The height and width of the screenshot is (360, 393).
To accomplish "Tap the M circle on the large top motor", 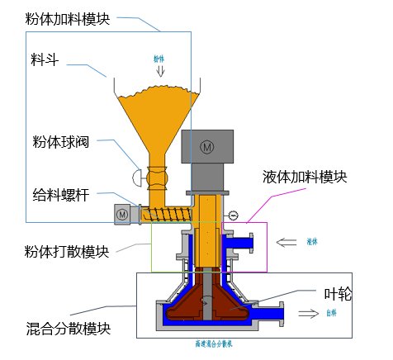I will [207, 146].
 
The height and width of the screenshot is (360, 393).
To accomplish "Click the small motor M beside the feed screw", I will [122, 214].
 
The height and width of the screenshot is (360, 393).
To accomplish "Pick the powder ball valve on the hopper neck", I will [154, 177].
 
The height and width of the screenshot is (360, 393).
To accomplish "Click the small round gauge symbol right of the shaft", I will [233, 216].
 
